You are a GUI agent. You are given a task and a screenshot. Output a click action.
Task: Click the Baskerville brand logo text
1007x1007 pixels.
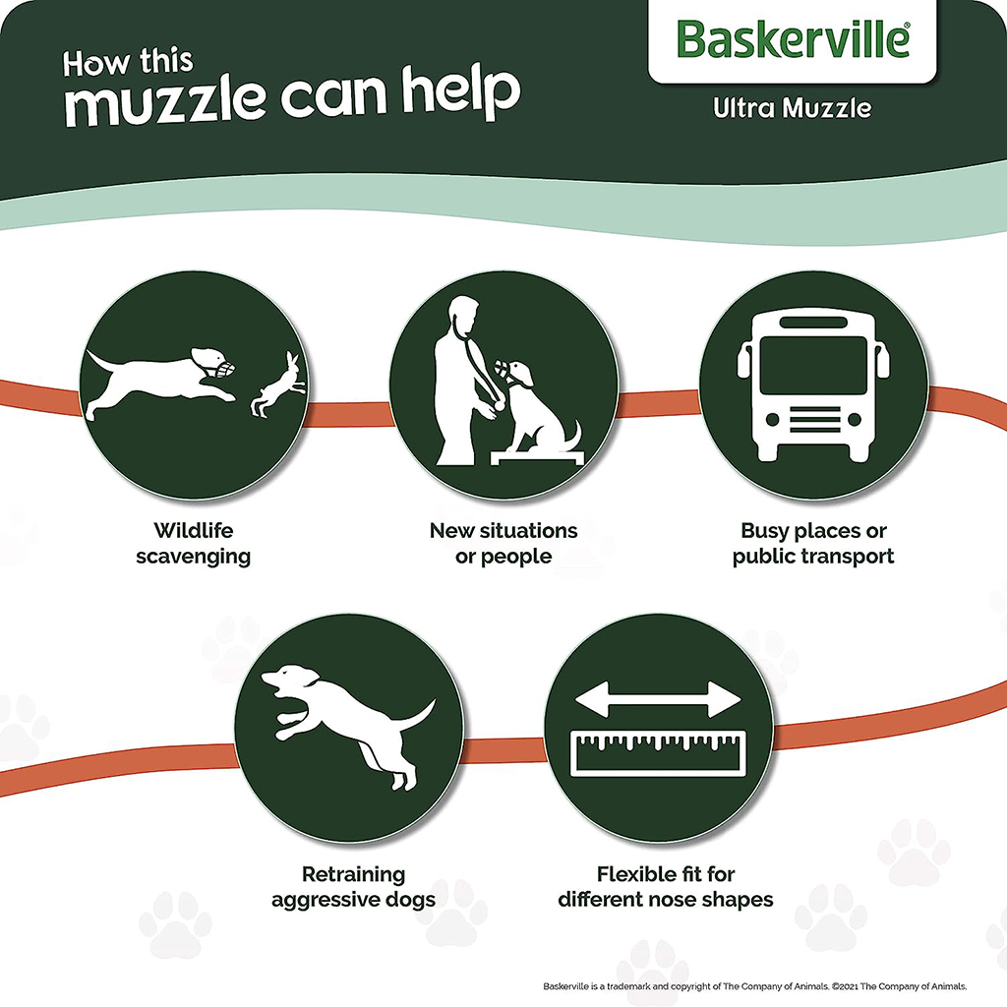click(x=794, y=39)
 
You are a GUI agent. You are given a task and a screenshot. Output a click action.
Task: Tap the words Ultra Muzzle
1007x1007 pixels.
click(x=793, y=108)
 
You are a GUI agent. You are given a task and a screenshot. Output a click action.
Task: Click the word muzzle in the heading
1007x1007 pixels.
click(x=165, y=101)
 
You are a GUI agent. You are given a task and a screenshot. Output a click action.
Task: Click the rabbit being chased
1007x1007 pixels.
click(x=278, y=385)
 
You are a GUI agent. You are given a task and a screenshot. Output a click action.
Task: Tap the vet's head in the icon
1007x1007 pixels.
click(x=464, y=316)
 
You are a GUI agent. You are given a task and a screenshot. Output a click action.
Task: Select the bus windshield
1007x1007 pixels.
click(x=813, y=364)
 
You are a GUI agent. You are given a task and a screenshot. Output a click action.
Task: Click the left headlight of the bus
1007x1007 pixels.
click(x=773, y=419)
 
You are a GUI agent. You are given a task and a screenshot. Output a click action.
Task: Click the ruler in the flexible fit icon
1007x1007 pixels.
click(x=658, y=753)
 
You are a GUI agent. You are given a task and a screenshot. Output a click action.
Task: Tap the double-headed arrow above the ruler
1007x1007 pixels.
click(x=658, y=699)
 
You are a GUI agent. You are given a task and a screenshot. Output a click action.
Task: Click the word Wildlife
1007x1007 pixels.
click(x=194, y=530)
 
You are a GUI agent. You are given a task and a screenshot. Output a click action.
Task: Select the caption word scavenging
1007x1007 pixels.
click(x=194, y=557)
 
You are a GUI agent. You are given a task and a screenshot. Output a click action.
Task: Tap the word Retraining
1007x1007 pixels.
click(x=353, y=874)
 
